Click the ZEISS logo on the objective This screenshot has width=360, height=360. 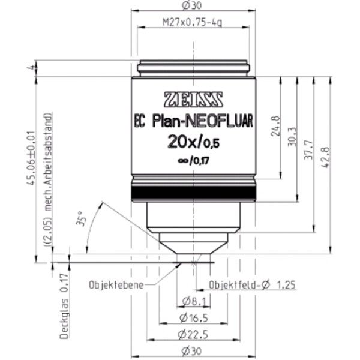[193, 97]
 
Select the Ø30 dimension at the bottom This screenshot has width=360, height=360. [193, 351]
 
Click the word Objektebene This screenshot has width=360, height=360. [115, 284]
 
